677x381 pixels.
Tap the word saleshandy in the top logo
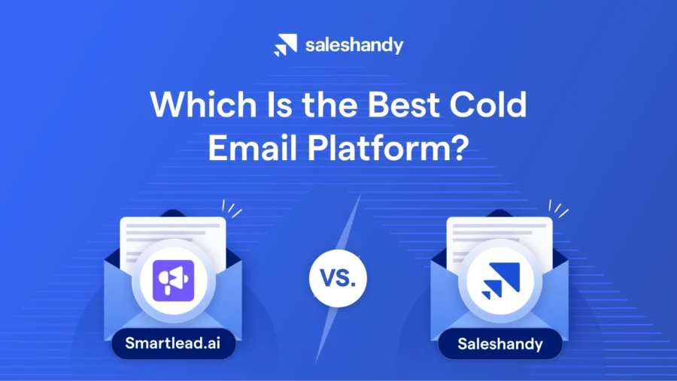354,45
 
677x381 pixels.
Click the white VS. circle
338,278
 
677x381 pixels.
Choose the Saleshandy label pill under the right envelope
500,345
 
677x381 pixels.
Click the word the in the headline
321,104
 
